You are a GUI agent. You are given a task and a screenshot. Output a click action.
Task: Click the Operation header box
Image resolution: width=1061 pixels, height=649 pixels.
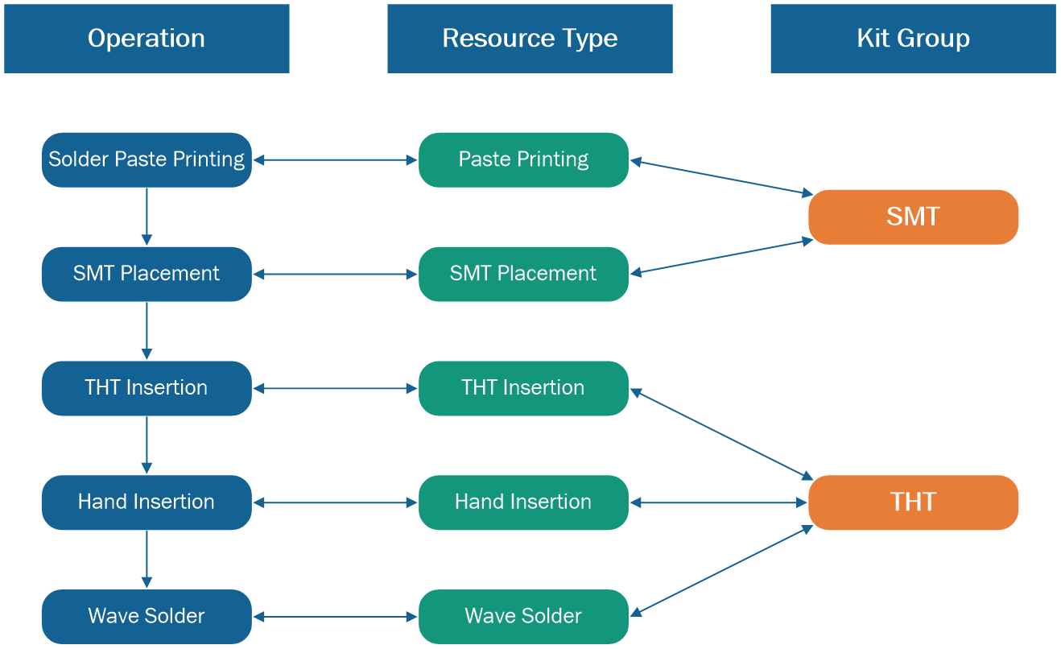146,39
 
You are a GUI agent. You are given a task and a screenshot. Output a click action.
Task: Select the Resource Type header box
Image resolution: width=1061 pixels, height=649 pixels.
530,39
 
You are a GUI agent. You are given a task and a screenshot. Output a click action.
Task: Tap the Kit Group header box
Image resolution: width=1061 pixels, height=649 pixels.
913,39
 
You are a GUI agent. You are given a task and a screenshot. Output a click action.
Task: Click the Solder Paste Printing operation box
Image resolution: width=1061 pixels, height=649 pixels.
147,159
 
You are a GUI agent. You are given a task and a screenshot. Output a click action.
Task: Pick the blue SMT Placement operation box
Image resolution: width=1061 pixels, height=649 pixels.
147,274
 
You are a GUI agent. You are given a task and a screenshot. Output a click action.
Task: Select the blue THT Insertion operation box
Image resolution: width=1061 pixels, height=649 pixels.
147,388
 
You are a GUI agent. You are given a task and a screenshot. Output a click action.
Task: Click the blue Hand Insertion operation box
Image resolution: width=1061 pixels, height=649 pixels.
147,502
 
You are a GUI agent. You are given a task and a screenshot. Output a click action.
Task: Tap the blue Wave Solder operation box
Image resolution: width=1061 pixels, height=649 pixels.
147,617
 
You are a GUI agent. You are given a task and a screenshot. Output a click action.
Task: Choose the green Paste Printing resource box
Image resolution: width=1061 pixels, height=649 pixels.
523,159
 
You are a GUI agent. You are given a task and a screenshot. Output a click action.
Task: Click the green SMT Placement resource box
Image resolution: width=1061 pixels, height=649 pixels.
523,274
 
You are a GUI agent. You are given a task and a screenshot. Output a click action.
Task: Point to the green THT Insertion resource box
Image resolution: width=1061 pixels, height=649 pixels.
523,388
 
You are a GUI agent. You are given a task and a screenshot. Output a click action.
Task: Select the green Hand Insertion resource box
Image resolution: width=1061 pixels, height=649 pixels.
523,502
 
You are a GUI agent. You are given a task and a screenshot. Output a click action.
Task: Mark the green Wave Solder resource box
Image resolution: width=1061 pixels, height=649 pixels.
523,617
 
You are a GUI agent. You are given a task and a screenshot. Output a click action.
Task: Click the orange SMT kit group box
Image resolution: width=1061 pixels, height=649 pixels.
913,217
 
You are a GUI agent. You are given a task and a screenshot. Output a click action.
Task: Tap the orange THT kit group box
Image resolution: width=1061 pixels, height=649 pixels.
913,502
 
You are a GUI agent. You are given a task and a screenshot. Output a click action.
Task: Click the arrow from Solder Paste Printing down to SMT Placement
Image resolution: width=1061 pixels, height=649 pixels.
147,217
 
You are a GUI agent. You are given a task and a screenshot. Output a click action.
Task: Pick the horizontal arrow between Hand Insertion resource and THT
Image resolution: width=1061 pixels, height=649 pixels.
719,502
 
